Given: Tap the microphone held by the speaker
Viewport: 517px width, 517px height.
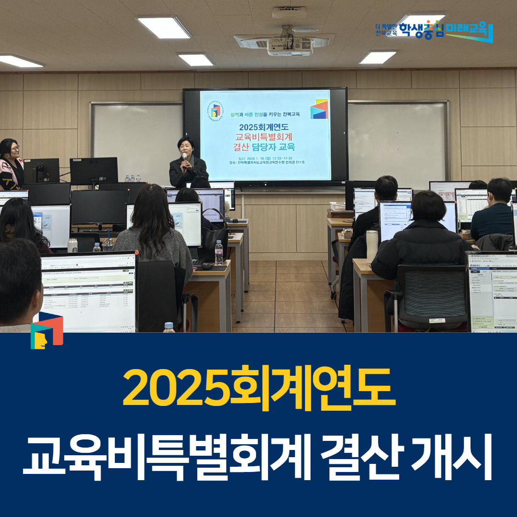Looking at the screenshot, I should click(x=184, y=157).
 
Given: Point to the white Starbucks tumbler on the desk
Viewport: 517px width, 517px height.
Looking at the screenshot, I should click(x=72, y=245).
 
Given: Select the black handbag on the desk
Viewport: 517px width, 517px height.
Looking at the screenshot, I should click(x=214, y=237).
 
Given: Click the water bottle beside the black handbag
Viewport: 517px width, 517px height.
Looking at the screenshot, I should click(x=219, y=253).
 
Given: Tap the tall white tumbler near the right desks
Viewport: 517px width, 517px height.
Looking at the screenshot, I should click(x=372, y=246).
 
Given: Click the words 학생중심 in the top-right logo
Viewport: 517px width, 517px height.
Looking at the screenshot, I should click(x=421, y=31).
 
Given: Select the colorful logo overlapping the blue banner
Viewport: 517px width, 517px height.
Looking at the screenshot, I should click(x=46, y=330).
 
